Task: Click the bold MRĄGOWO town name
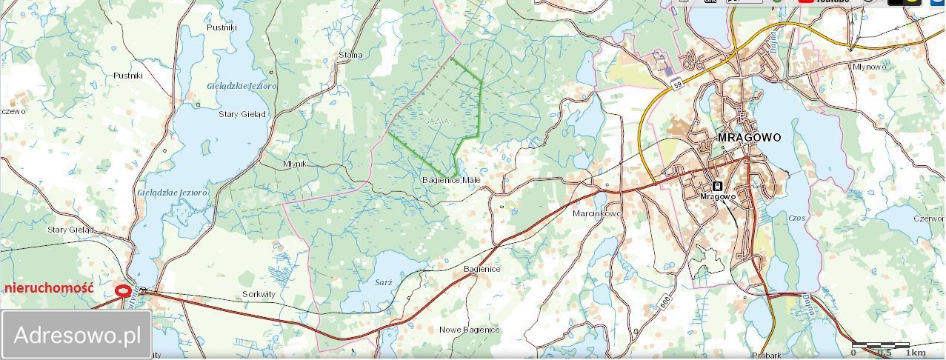coord(749,138)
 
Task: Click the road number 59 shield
coord(678,86)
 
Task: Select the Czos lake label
coord(797,219)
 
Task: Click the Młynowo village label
coord(870,67)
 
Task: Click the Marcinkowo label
coord(597,213)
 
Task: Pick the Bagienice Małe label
coord(451,180)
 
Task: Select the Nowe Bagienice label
coord(470,330)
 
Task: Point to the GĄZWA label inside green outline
coord(436,121)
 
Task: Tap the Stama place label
coord(350,55)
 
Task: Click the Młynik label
coord(295,164)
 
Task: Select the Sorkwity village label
coord(259,294)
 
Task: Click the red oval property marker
coord(123,292)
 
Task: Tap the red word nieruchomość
coord(49,288)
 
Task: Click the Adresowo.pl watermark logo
coord(77,335)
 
